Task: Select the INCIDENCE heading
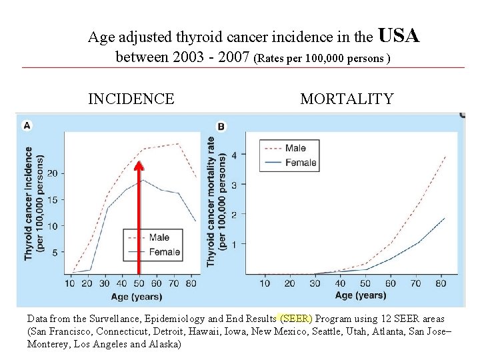coord(131,99)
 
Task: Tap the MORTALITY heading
coord(347,99)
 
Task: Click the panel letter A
coord(27,125)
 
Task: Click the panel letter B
coord(221,126)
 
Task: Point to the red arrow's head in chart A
coord(139,165)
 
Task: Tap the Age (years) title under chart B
coord(359,295)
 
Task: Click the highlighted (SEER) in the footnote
coord(295,319)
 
